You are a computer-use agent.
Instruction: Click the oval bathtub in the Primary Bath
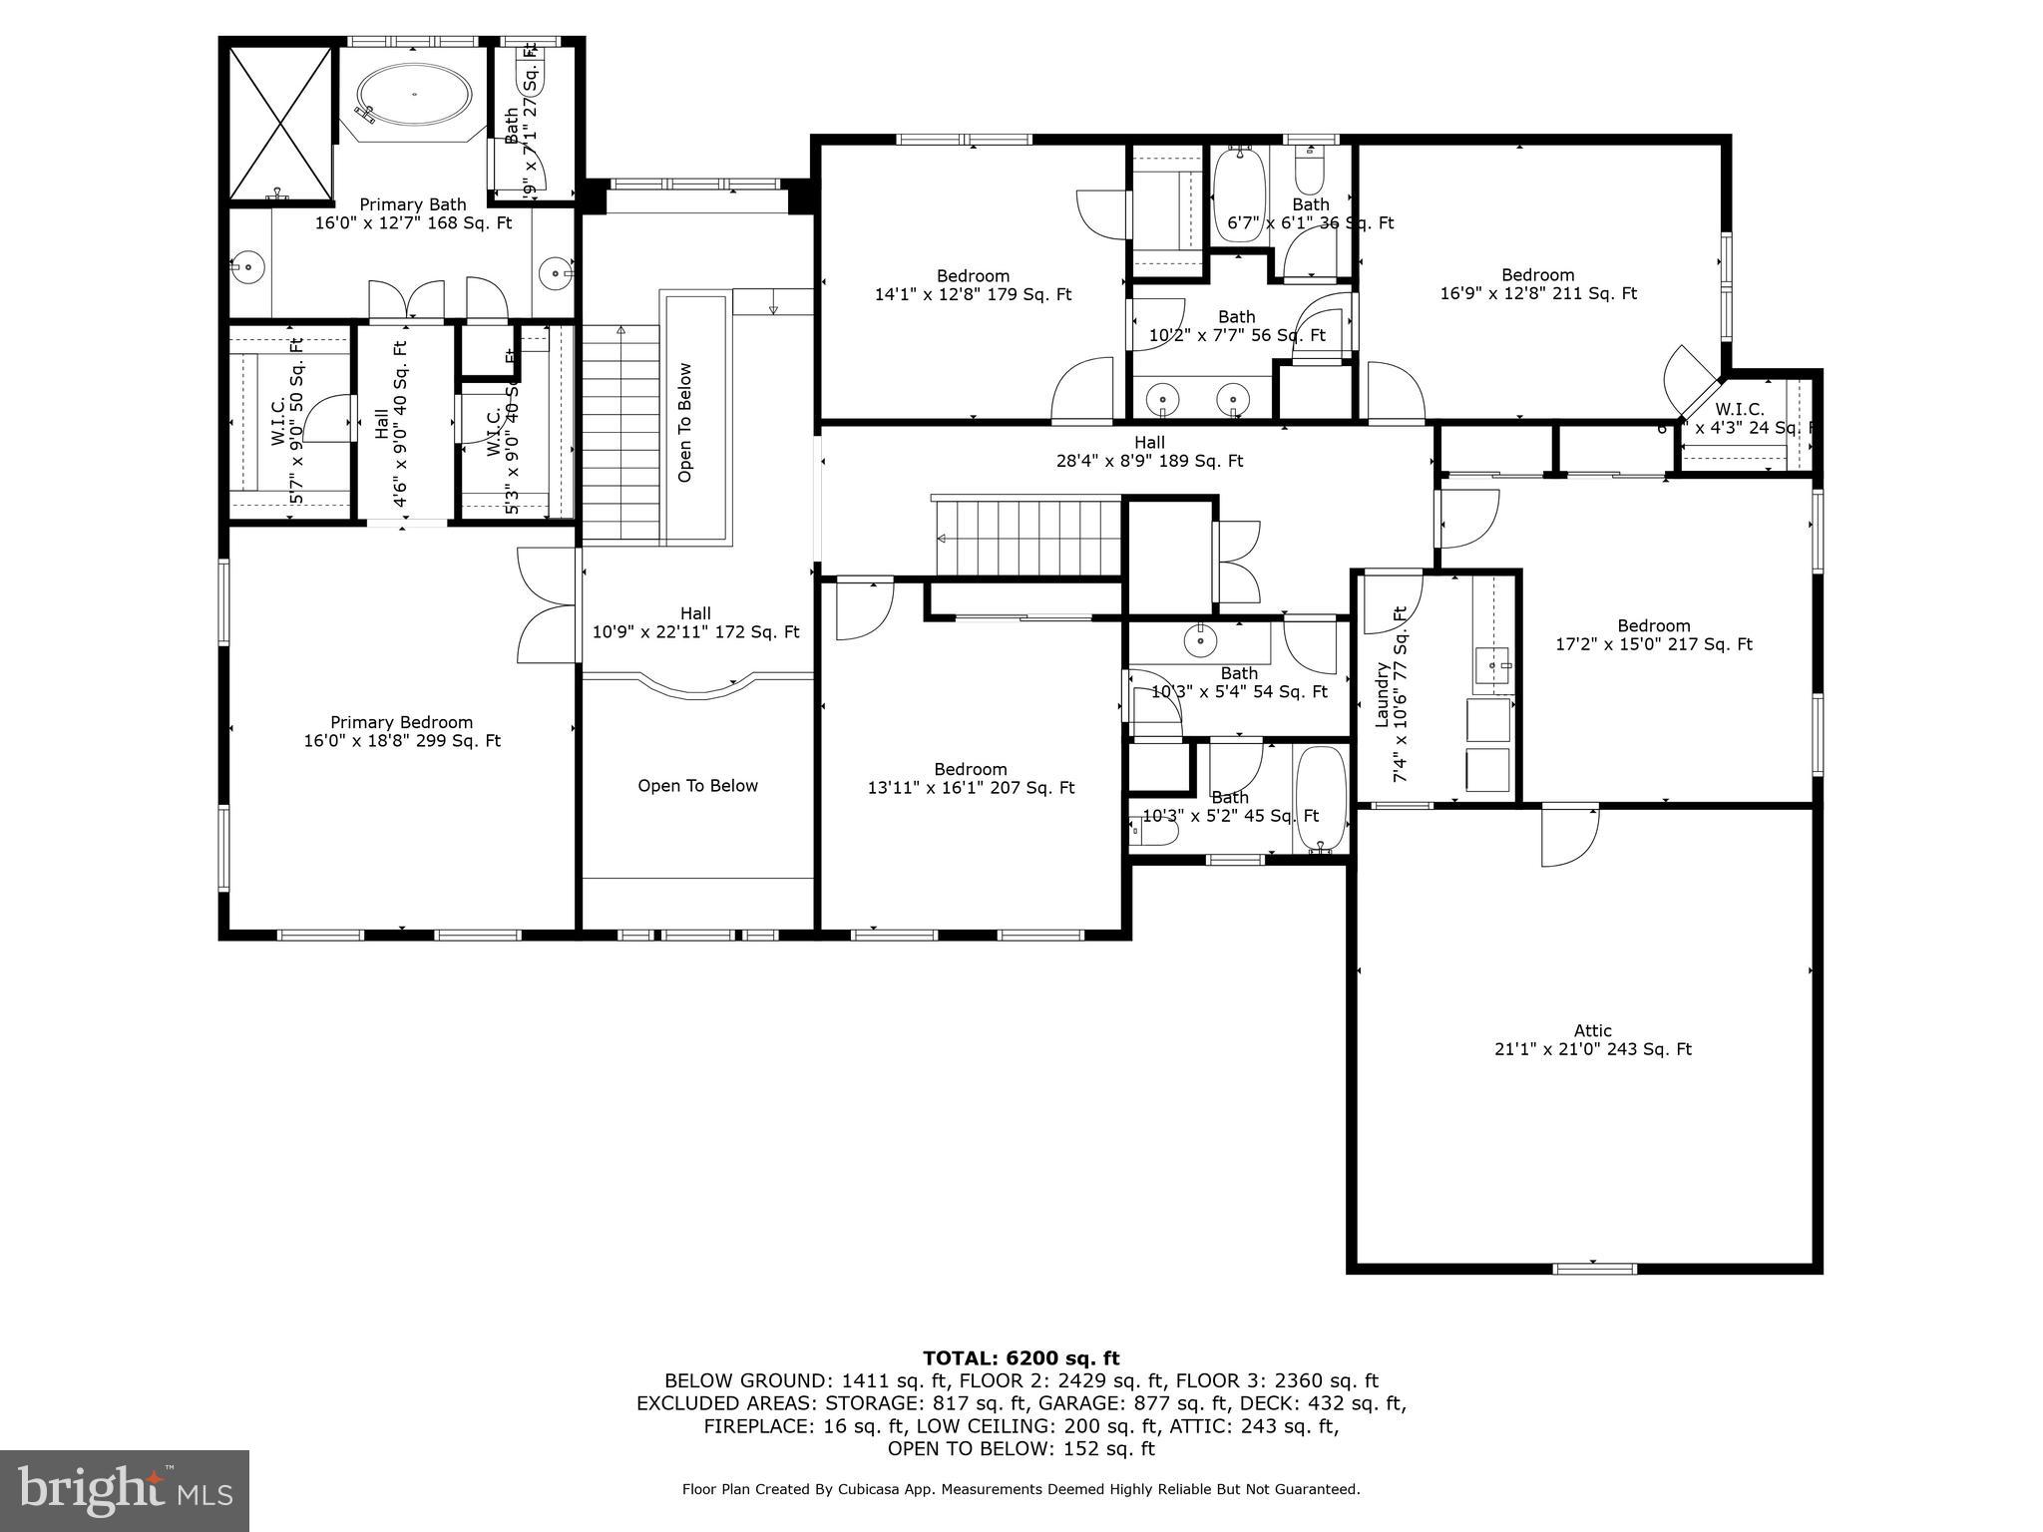click(x=414, y=95)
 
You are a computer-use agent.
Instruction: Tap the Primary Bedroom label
click(x=402, y=731)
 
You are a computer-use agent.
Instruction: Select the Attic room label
click(x=1592, y=1039)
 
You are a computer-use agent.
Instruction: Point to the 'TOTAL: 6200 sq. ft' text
click(x=1021, y=1357)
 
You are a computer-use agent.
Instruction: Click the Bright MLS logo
click(x=125, y=1490)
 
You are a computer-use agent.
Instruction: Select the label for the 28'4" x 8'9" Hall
click(x=1149, y=451)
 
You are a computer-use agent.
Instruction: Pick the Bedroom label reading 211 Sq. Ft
click(x=1538, y=284)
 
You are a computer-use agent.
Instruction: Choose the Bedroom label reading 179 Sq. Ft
click(x=973, y=285)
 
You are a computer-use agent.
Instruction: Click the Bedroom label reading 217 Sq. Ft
click(x=1654, y=635)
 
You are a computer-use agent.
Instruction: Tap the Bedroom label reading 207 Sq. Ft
click(x=971, y=778)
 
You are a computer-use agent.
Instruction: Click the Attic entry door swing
click(x=1568, y=836)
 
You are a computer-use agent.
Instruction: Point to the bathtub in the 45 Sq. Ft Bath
click(x=1321, y=799)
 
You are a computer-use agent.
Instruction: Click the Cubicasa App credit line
click(x=1021, y=1489)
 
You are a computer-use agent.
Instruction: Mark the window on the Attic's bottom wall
click(x=1594, y=1269)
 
